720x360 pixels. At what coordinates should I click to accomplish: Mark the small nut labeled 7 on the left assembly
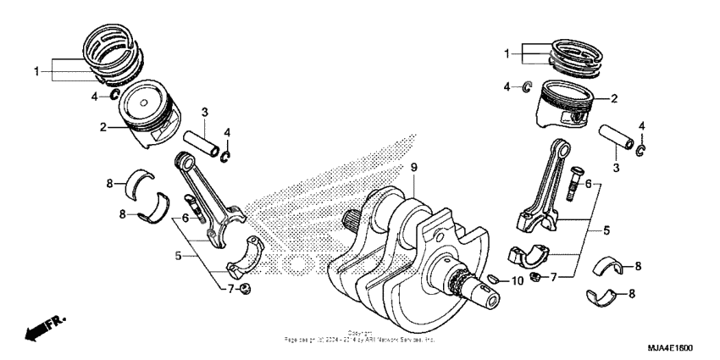tap(244, 291)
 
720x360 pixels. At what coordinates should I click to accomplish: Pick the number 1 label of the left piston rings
tap(36, 71)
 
